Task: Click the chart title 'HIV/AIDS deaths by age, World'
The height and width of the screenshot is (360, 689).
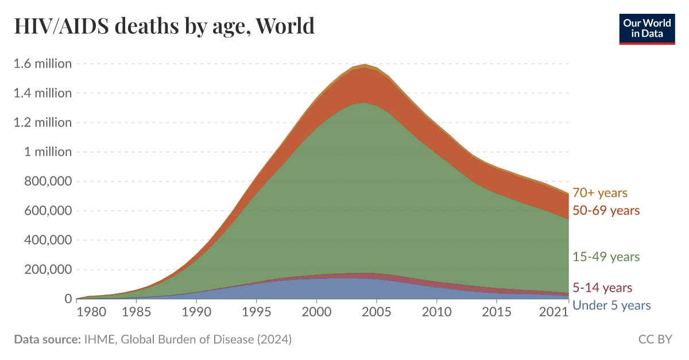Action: pos(164,26)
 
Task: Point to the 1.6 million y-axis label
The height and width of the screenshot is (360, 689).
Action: pos(42,63)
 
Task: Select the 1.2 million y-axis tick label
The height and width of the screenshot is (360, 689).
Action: pos(42,122)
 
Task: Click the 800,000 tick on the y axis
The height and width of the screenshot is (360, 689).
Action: pos(47,181)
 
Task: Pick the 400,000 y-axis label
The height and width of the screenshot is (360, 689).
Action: pos(47,241)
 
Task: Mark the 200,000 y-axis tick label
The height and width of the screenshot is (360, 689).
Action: pos(47,270)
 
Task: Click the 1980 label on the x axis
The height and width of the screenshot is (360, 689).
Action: pos(92,312)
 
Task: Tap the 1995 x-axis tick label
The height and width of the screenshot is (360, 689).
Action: pos(256,312)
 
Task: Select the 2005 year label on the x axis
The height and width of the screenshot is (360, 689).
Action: pos(376,312)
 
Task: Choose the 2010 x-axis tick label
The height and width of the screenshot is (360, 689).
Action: pos(436,312)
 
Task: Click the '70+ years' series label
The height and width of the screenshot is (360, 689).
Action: pos(599,193)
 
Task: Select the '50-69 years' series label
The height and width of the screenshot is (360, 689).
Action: pos(606,211)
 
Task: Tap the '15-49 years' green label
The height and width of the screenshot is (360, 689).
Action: pos(606,257)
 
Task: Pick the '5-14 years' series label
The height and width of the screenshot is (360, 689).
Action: pos(602,288)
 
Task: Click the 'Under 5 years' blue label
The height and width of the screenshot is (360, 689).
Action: pos(611,305)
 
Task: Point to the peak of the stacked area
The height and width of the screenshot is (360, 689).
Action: pos(365,65)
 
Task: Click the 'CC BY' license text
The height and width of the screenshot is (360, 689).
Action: pos(655,339)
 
